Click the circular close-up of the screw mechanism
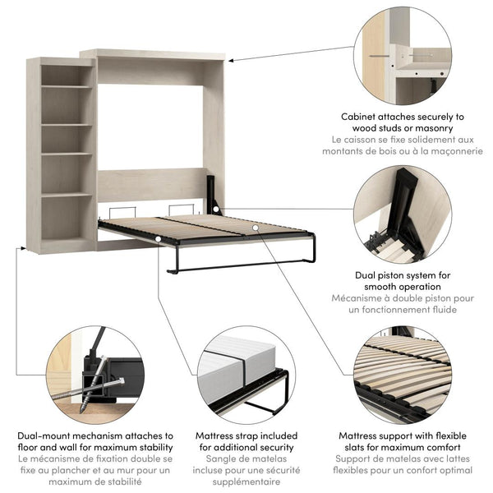94,375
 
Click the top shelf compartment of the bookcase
66,75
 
